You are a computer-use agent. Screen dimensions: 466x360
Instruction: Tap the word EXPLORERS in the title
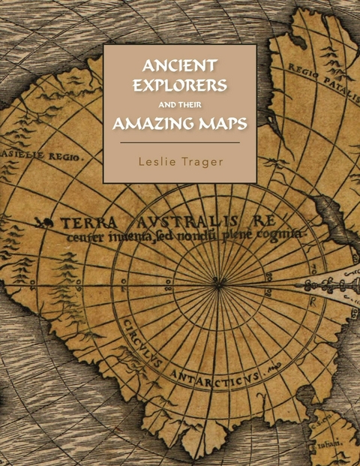[x=179, y=84]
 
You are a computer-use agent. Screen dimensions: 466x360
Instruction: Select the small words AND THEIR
[x=180, y=104]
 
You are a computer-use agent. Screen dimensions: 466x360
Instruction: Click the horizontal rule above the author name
[x=180, y=143]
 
